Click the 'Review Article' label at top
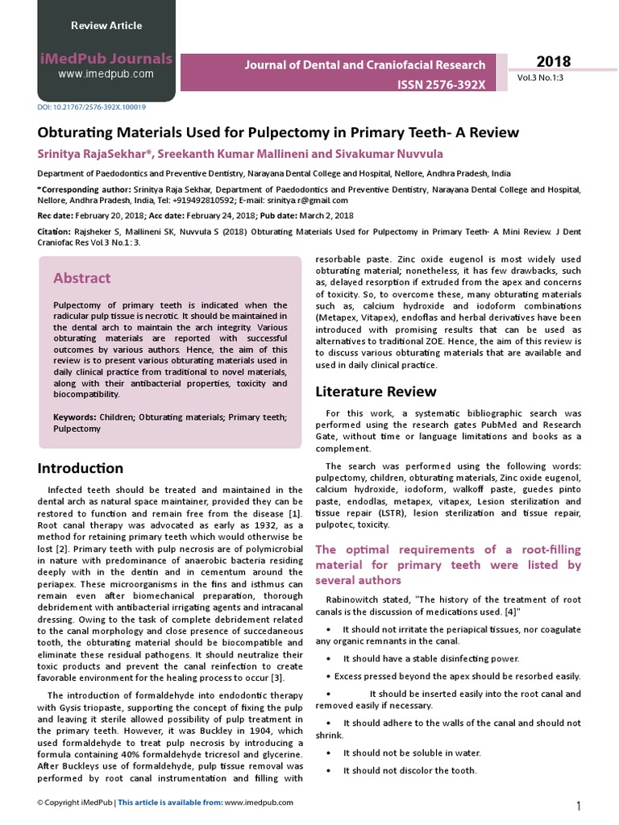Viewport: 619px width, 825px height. (106, 26)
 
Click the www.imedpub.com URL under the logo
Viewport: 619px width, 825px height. (106, 74)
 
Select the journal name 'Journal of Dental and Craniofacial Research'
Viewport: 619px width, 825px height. (365, 65)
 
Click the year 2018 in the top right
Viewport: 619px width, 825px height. (554, 62)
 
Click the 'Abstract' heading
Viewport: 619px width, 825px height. (81, 278)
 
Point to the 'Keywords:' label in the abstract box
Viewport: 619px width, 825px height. (75, 418)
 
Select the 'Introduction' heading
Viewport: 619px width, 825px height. (81, 468)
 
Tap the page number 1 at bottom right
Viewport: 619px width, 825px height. (579, 806)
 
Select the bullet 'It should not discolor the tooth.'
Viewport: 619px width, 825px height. (409, 770)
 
